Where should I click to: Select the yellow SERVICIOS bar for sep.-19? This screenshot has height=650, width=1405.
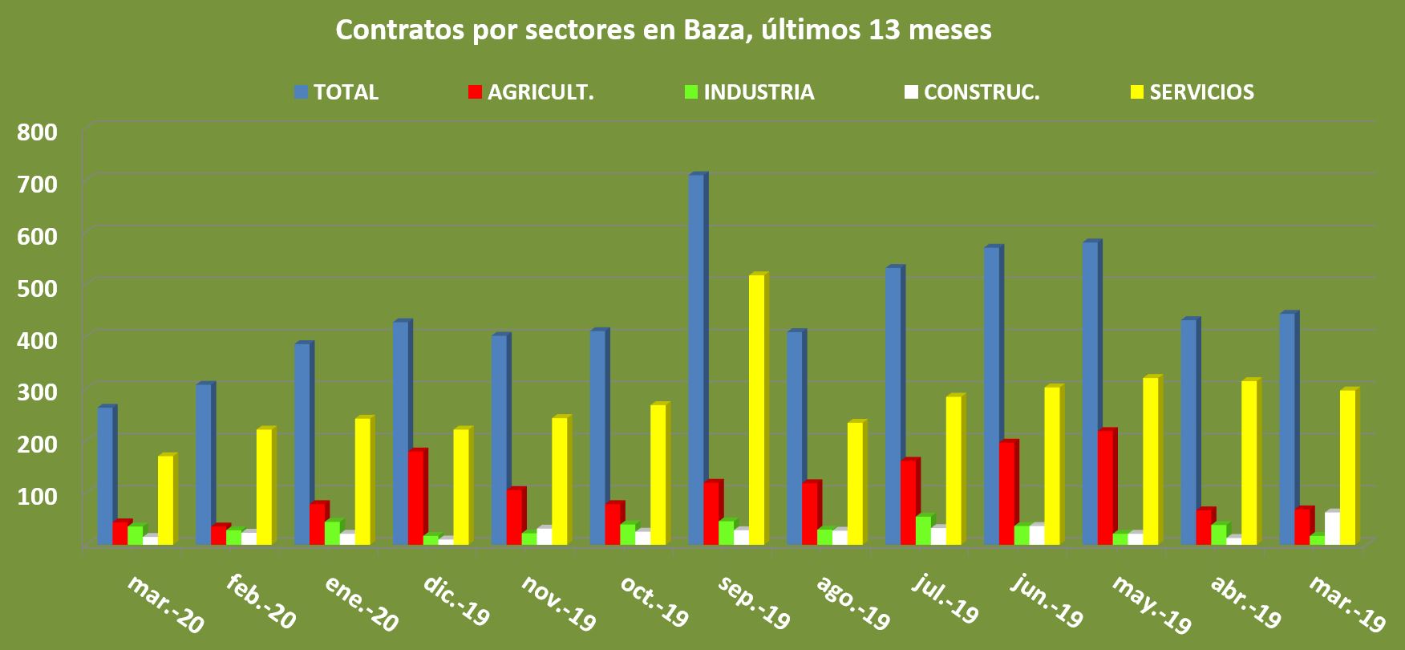pyautogui.click(x=756, y=409)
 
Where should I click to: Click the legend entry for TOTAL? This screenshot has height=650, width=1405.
pyautogui.click(x=337, y=92)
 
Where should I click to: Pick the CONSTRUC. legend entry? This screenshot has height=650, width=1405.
pyautogui.click(x=971, y=92)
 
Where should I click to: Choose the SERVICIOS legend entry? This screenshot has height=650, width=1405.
pyautogui.click(x=1192, y=92)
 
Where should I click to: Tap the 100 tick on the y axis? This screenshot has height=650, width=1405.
pyautogui.click(x=38, y=495)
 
